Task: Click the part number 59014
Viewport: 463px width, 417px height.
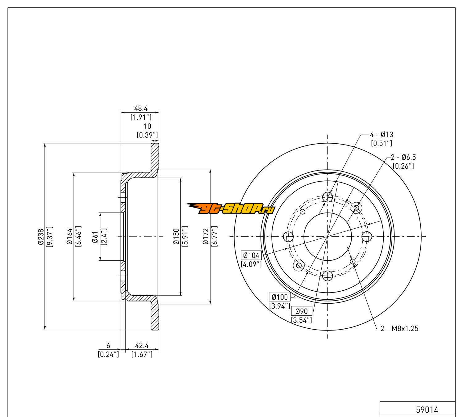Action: (x=427, y=410)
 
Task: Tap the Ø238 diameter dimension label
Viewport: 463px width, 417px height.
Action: (x=40, y=237)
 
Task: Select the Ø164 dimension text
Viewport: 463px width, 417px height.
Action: (x=69, y=237)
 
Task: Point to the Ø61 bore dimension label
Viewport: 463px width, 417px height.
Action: (x=95, y=237)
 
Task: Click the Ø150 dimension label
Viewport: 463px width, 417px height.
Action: (x=176, y=237)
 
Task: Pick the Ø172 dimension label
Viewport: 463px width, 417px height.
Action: (x=206, y=237)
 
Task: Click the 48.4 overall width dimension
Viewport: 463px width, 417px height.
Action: (x=141, y=108)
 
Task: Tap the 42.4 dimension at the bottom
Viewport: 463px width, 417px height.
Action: (x=142, y=345)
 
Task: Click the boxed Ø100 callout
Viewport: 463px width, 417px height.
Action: (x=280, y=297)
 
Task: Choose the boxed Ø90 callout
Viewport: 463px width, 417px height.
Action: (x=302, y=311)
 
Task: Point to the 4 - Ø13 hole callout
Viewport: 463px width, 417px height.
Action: (x=382, y=135)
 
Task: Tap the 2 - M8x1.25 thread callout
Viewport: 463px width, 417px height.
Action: (x=400, y=328)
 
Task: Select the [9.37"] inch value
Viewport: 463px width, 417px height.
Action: (x=49, y=237)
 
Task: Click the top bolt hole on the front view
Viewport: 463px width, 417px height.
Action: (x=327, y=197)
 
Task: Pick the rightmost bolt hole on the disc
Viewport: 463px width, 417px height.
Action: (x=366, y=237)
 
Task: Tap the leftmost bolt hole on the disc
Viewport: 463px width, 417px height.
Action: (x=288, y=237)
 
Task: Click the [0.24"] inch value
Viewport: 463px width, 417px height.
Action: (x=108, y=354)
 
